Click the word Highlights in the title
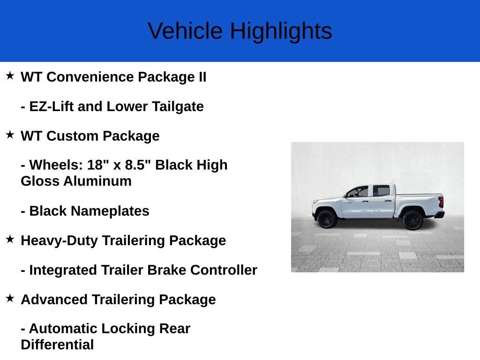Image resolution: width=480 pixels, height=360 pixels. point(281,31)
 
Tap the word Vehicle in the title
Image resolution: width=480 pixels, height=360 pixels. point(185,31)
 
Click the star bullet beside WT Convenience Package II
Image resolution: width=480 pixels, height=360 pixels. point(10,75)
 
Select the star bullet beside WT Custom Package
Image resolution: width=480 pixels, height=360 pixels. point(10,135)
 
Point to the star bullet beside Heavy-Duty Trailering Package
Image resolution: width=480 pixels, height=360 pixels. point(10,240)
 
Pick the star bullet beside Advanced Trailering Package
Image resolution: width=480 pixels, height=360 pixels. point(10,298)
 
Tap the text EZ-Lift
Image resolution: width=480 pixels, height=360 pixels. point(51,106)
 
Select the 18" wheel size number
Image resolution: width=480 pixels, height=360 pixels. point(98,165)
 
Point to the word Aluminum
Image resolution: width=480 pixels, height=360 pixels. point(97,181)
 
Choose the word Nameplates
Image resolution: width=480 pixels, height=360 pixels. point(111,211)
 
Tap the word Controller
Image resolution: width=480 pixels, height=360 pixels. point(224,270)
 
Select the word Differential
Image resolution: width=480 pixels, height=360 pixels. point(57,345)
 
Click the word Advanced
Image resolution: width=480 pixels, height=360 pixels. point(54,300)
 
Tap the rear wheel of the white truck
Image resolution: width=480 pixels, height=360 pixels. point(412,220)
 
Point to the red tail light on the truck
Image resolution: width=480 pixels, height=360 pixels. point(441,202)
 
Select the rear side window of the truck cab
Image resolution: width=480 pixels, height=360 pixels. point(381,191)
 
